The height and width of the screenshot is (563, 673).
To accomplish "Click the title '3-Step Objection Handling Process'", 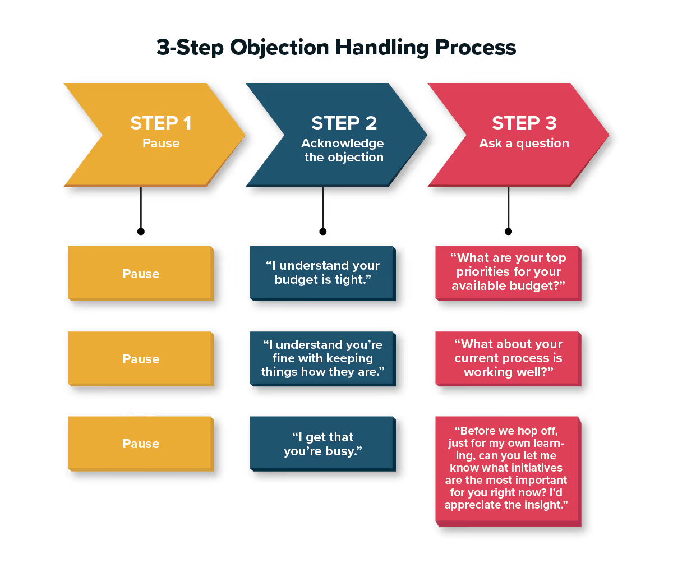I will [336, 48].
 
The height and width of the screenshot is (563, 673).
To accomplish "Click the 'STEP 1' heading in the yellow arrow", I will [161, 123].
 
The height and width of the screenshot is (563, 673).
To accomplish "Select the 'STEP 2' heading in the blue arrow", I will [344, 123].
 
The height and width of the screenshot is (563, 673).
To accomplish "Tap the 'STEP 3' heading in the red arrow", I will [524, 123].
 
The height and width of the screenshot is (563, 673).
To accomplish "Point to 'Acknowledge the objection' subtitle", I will [343, 150].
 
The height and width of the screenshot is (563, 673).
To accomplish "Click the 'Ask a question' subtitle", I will [524, 144].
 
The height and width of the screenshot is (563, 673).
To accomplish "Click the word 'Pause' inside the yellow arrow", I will [161, 144].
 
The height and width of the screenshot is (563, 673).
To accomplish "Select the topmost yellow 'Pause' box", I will [141, 274].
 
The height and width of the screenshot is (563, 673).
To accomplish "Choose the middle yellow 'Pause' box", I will [141, 359].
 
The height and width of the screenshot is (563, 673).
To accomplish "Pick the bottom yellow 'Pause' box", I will [141, 444].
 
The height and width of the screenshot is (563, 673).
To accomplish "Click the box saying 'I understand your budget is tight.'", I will [322, 273].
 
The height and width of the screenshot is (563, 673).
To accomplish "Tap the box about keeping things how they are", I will [322, 358].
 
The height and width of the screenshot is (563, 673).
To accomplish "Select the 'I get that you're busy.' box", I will [322, 444].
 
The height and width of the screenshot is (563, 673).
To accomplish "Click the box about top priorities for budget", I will [508, 272].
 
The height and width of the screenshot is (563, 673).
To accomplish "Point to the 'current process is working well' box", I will [508, 358].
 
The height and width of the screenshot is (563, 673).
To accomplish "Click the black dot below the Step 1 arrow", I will [141, 231].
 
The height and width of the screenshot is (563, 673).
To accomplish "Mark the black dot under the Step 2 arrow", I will [322, 231].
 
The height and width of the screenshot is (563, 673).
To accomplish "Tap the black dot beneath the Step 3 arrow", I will [508, 231].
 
